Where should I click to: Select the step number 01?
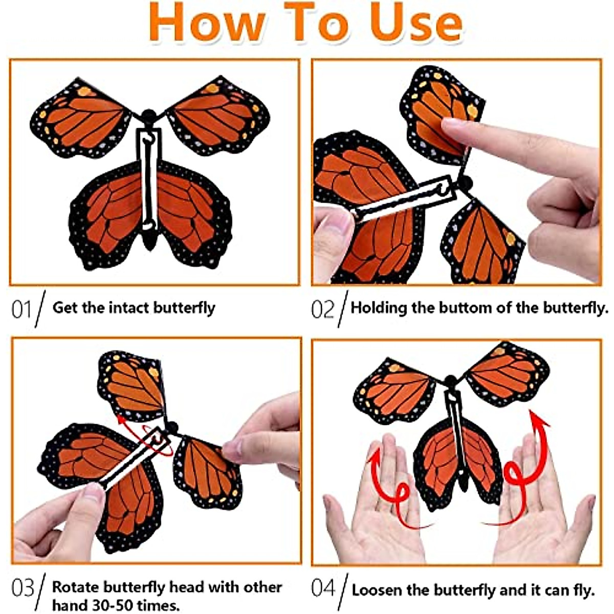pyautogui.click(x=21, y=310)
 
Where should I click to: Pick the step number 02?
pyautogui.click(x=323, y=310)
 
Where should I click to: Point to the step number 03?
pyautogui.click(x=23, y=588)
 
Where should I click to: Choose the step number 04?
pyautogui.click(x=324, y=588)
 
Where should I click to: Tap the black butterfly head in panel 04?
pyautogui.click(x=451, y=382)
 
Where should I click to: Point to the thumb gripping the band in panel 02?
pyautogui.click(x=335, y=225)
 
